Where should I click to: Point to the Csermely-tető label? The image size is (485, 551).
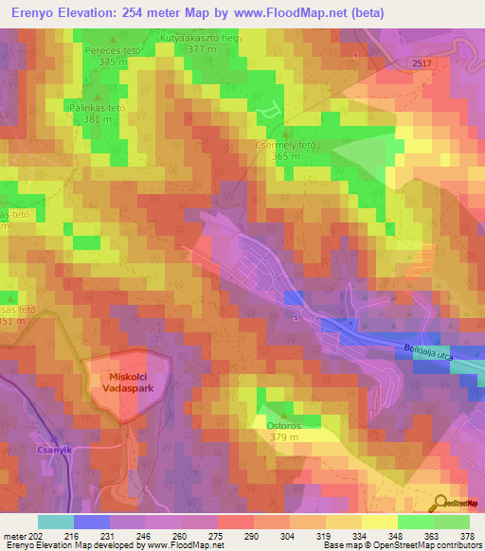point(285,145)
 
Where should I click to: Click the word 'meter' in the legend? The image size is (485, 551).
point(15,536)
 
